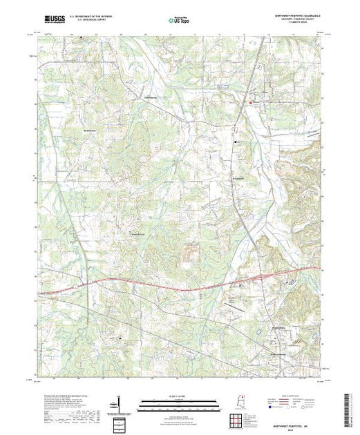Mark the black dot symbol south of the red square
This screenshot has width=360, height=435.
(x=237, y=141)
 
